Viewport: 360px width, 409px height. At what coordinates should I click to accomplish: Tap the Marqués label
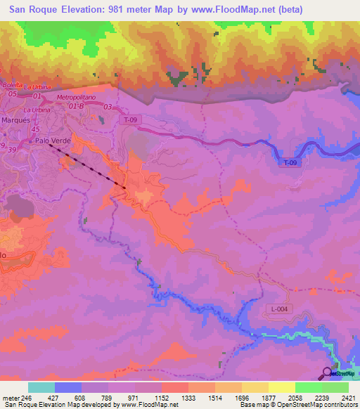(x=15, y=119)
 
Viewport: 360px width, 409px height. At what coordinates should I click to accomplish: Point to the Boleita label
(x=13, y=85)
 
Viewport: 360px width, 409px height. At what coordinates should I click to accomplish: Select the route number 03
(x=108, y=106)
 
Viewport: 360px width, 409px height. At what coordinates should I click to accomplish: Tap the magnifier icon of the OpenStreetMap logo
(x=328, y=373)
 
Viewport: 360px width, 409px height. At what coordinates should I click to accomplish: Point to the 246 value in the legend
(x=27, y=398)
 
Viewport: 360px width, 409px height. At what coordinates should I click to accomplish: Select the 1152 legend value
(x=161, y=398)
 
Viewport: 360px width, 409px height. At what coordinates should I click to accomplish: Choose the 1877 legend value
(x=268, y=398)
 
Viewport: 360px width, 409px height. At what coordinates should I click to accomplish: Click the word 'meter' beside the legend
(x=11, y=398)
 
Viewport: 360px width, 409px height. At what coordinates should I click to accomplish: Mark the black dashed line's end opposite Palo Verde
(x=125, y=188)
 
